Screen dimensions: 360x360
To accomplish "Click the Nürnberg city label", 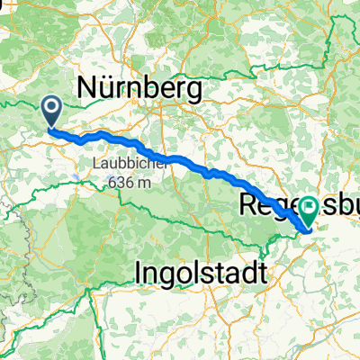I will pyautogui.click(x=142, y=86).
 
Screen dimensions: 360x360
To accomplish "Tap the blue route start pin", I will pyautogui.click(x=52, y=112).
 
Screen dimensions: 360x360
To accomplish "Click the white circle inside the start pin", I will pyautogui.click(x=52, y=109).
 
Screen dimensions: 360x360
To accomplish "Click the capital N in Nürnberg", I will pyautogui.click(x=88, y=86).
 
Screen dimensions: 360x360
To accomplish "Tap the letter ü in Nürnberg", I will pyautogui.click(x=108, y=86).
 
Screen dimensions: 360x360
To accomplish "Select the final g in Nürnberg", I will pyautogui.click(x=198, y=89).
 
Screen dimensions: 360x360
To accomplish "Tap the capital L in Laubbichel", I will pyautogui.click(x=94, y=165).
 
